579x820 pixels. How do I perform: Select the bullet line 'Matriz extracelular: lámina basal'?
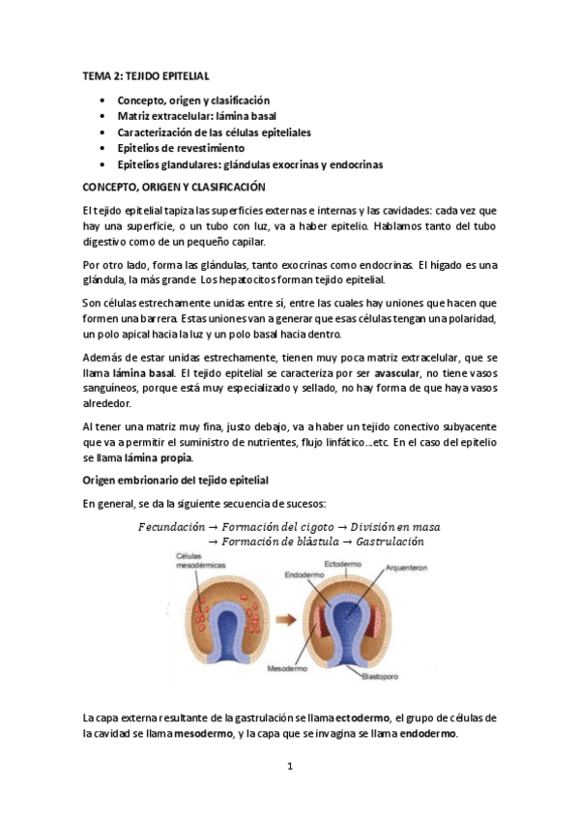(196, 116)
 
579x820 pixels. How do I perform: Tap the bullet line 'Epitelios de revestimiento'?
(181, 149)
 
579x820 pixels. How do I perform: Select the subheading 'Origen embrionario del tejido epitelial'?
(175, 481)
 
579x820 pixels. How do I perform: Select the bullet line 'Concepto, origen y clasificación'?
(193, 100)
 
